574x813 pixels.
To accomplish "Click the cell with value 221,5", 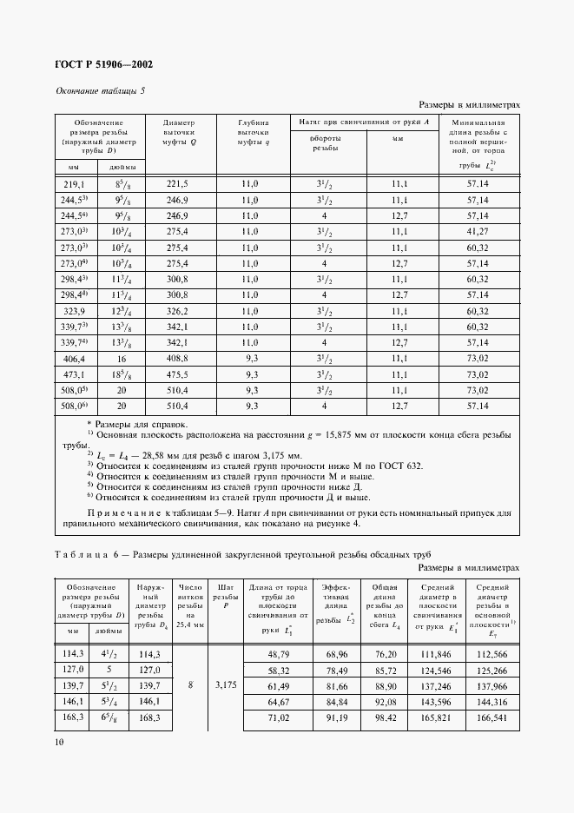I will [x=178, y=185].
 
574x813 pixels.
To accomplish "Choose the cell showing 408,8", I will [x=178, y=357].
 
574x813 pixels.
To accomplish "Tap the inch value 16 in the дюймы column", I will [x=122, y=357].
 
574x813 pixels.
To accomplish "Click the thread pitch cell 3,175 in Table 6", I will [x=225, y=685].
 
